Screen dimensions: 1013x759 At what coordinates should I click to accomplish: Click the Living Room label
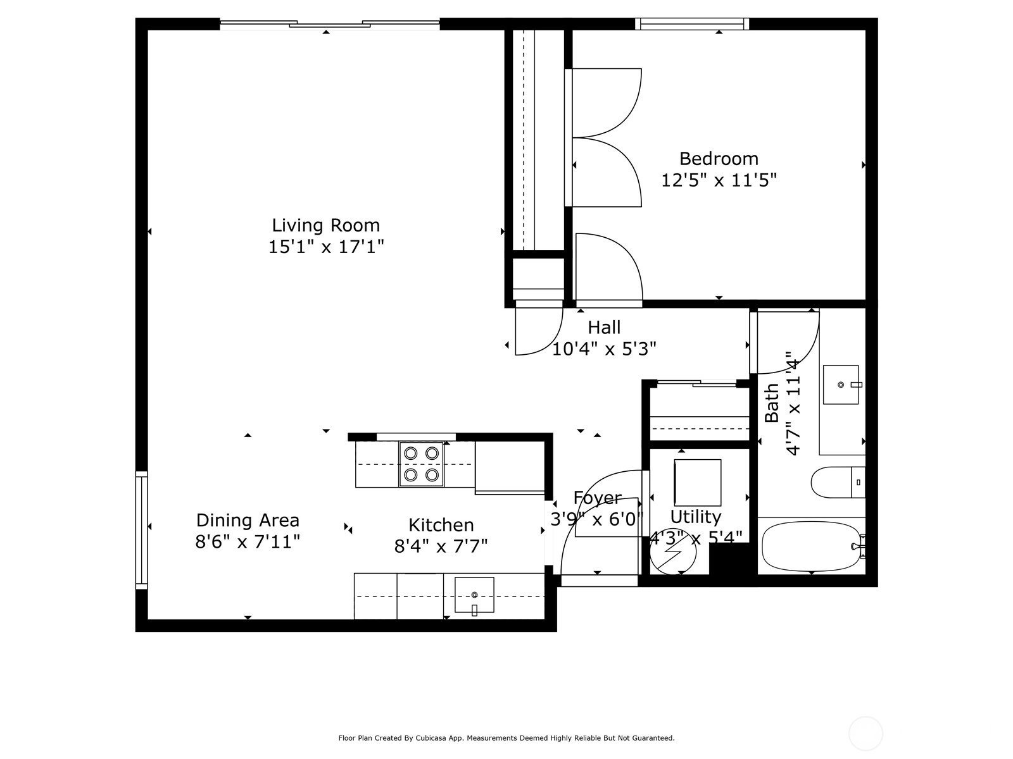point(326,225)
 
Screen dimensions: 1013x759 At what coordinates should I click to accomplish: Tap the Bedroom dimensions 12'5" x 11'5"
point(719,180)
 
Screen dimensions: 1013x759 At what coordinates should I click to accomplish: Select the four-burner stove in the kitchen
point(422,464)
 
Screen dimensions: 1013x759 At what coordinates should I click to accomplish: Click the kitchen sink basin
point(474,595)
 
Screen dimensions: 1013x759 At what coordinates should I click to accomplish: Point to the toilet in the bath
point(838,483)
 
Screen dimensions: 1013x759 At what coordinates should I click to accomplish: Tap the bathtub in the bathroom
point(813,546)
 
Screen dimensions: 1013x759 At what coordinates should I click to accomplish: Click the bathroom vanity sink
point(841,385)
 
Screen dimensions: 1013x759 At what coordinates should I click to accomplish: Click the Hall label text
point(604,328)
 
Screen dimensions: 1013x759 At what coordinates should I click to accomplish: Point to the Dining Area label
point(248,521)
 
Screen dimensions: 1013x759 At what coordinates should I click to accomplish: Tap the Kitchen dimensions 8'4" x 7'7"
point(441,546)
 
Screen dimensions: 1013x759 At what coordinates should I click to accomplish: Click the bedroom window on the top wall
point(692,24)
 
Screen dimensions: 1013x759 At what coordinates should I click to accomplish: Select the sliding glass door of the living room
point(329,25)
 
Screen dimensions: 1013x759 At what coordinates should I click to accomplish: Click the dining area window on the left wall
point(141,530)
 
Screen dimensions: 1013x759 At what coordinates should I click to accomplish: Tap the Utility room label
point(695,517)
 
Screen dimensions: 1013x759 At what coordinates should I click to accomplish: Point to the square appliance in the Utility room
point(697,482)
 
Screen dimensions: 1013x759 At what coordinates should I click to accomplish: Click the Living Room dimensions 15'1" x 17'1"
point(326,247)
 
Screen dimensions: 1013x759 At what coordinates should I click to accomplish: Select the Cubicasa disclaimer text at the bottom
point(507,737)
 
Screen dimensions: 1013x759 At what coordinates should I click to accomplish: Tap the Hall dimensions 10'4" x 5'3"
point(604,349)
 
